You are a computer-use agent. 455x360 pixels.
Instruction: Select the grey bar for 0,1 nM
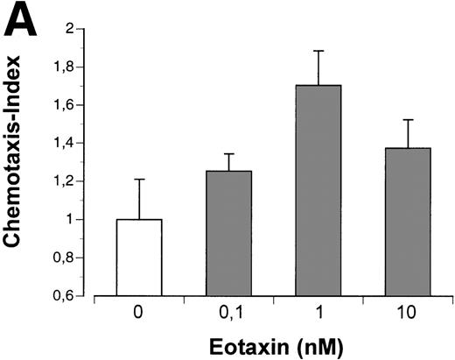[x=228, y=233]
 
